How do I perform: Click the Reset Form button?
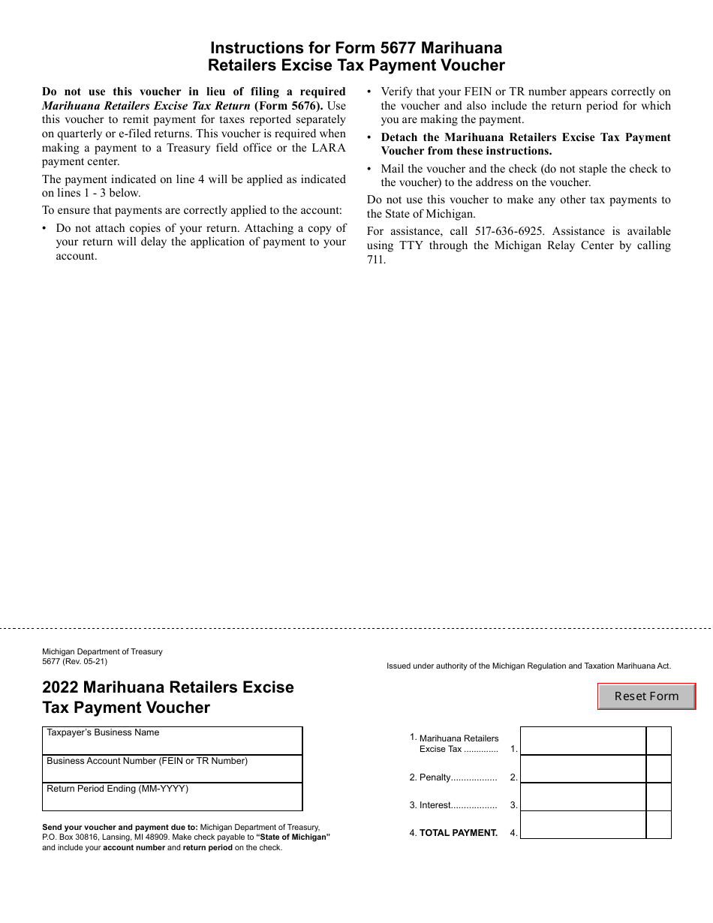coord(646,696)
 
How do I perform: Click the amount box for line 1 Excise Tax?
coord(582,741)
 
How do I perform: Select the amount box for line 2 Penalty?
coord(582,769)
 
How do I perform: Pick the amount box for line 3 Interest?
coord(582,797)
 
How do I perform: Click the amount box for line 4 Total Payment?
coord(582,825)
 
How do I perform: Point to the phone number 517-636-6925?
coord(510,231)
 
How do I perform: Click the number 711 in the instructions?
coord(376,260)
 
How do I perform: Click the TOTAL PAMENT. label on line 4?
coord(458,833)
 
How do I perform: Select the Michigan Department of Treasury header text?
coord(102,652)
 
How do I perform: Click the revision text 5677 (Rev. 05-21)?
coord(75,661)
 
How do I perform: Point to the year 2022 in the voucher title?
coord(61,687)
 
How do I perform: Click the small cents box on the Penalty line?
coord(658,769)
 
